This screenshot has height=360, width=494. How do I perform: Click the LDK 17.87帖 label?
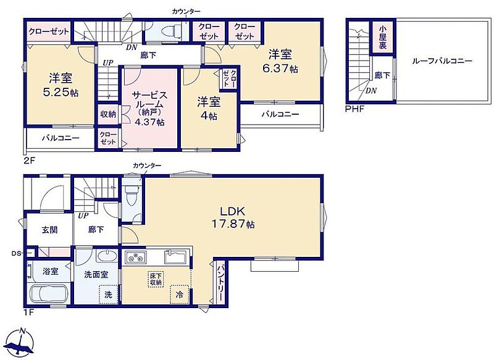233,217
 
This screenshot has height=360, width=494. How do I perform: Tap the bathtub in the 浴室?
49,294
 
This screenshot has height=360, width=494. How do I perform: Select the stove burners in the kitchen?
136,257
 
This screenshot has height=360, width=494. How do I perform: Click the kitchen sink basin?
176,257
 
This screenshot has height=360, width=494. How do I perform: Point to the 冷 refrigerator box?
180,294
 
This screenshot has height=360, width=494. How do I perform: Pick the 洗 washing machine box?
109,294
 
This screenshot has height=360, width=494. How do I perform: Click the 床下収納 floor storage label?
156,279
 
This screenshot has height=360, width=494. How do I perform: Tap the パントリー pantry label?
220,282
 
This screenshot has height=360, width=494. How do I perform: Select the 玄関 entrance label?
50,230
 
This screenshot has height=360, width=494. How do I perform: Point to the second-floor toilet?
170,31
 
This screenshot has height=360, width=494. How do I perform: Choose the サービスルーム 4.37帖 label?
149,108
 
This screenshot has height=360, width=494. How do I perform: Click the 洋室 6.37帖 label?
280,61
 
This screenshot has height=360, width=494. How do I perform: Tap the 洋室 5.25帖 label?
60,85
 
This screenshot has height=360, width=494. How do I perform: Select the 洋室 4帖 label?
209,109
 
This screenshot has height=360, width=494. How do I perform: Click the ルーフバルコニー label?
442,61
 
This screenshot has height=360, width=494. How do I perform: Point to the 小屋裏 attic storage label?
382,37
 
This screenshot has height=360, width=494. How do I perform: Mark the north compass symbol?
21,341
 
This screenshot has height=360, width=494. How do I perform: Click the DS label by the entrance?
16,253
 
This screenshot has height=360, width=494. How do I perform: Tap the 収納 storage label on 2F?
108,114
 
